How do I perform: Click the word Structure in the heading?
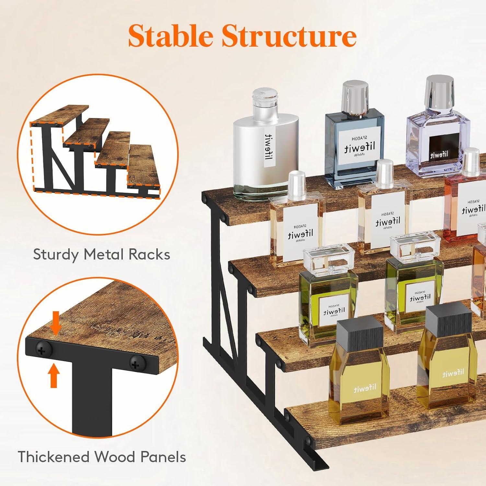[x=289, y=37]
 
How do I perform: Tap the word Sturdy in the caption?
[x=56, y=255]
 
